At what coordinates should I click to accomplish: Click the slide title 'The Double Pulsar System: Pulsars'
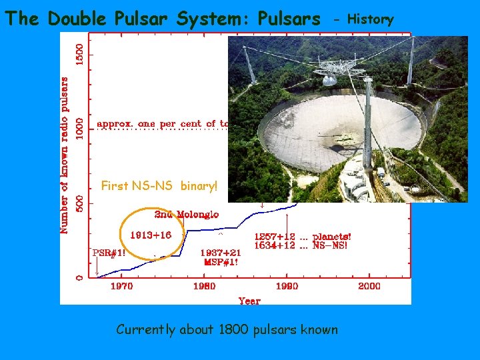pos(163,19)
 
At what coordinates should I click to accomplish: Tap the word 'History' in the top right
pos(371,19)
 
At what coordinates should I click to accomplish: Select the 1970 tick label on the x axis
pos(121,286)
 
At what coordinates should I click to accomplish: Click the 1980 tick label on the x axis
pos(204,286)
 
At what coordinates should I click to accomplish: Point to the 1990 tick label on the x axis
pos(286,286)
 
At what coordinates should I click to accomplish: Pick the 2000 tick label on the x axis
pos(369,286)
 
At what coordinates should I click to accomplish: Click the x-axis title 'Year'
pos(249,301)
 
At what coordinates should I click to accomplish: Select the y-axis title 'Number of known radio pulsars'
pos(65,155)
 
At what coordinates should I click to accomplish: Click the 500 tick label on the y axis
pos(79,203)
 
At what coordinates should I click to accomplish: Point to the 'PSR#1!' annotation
pos(108,253)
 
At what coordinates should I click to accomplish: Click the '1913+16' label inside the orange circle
pos(151,235)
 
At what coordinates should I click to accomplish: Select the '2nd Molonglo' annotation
pos(186,214)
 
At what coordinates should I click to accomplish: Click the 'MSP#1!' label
pos(220,262)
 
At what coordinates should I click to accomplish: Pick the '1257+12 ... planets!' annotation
pos(303,237)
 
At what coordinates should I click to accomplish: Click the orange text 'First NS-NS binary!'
pos(159,186)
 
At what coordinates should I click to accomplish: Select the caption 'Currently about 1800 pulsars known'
pos(227,329)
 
